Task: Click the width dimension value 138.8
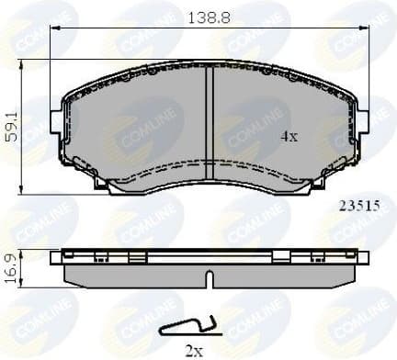tap(210, 16)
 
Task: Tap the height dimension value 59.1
tap(12, 120)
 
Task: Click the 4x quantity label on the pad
tap(289, 137)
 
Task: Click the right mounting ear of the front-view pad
tap(362, 120)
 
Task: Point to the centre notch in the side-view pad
tap(210, 276)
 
